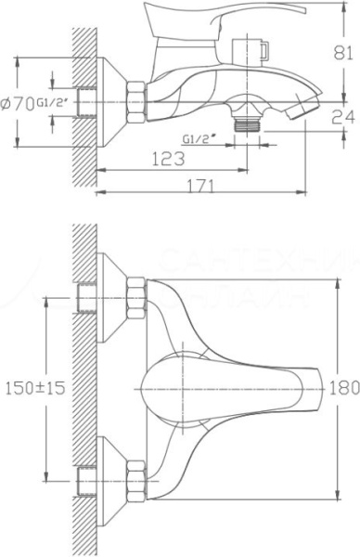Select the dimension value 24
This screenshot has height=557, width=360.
[342, 117]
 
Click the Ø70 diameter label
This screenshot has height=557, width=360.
[18, 103]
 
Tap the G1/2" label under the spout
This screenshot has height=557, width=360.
[202, 139]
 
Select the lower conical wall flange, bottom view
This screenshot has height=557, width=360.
[113, 480]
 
